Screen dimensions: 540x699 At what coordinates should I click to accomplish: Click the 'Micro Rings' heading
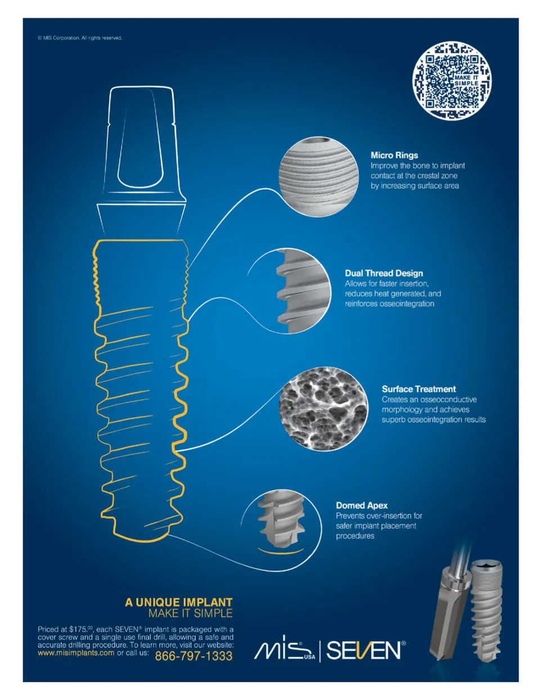coord(394,155)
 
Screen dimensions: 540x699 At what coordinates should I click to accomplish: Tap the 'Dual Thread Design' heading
coord(384,274)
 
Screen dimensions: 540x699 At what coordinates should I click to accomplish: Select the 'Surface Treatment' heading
coord(419,389)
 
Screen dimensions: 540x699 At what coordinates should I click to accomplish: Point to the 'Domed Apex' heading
coord(362,505)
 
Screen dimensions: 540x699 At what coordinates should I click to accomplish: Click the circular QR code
coord(452,80)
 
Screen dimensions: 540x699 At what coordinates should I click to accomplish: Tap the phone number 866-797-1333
coord(193,656)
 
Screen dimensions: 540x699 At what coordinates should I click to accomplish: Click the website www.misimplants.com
coord(76,653)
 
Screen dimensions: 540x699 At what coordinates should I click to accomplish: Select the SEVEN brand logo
coord(366,651)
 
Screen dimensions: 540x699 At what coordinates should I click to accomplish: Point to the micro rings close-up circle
coord(318,177)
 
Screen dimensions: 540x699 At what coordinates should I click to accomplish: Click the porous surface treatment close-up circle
coord(323,409)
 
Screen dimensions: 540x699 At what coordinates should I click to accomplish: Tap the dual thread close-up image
coord(303,291)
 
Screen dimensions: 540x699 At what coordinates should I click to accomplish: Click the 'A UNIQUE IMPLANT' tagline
coord(179,602)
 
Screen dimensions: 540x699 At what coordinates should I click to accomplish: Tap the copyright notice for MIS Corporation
coord(80,38)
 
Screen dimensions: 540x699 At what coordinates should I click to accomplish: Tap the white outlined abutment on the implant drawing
coord(141,161)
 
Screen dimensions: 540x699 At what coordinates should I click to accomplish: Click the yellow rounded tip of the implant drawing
coord(141,537)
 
